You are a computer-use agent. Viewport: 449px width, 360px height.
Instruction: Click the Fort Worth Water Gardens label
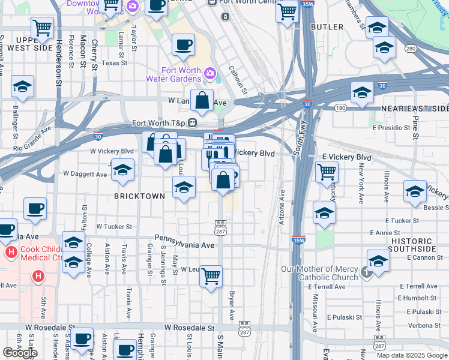[x=173, y=75]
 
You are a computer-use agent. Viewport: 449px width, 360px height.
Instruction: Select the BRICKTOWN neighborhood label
[x=140, y=196]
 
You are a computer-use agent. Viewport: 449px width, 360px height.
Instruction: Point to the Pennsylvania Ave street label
[x=184, y=245]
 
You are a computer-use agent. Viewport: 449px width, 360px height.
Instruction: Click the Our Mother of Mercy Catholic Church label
[x=321, y=274]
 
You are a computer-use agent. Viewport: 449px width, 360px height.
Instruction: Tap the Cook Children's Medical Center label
[x=41, y=254]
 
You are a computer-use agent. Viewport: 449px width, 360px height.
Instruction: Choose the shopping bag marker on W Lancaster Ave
[x=202, y=101]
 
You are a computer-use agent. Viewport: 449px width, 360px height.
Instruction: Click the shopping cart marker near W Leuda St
[x=211, y=277]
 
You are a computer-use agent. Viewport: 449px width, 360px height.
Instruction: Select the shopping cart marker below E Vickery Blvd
[x=327, y=172]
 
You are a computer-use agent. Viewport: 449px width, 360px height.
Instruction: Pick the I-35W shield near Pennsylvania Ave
[x=298, y=240]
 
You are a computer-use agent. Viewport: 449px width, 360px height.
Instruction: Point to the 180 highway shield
[x=340, y=108]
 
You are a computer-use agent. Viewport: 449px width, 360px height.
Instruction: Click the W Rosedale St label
[x=190, y=328]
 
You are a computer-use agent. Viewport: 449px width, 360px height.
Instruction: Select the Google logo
[x=20, y=353]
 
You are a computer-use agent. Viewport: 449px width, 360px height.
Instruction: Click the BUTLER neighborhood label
[x=327, y=27]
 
